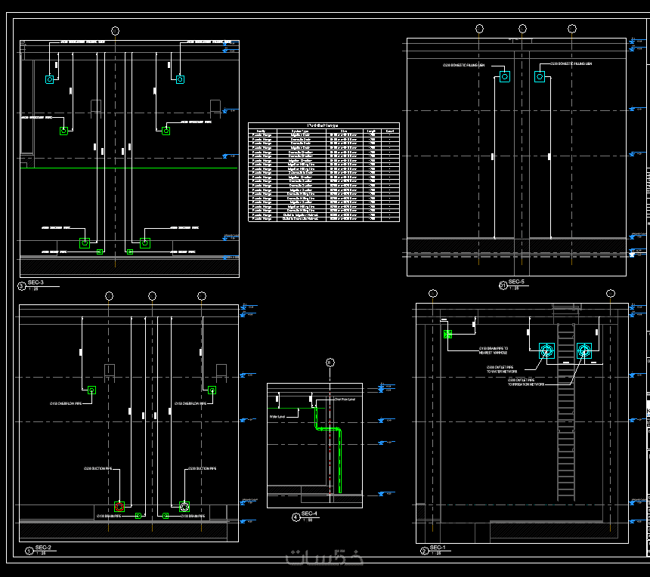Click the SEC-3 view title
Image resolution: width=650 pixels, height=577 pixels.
(36, 283)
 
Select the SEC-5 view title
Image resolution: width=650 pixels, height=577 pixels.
(516, 282)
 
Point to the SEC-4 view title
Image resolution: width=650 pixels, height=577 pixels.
(309, 514)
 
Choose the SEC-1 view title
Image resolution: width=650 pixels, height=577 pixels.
(438, 548)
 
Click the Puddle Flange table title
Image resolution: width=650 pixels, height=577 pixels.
(323, 125)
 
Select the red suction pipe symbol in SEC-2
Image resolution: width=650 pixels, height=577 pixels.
(119, 506)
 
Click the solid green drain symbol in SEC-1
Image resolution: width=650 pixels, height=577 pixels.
(447, 334)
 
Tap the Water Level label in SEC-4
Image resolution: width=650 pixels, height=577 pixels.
(277, 416)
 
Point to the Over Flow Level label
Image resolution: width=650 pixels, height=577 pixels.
(344, 398)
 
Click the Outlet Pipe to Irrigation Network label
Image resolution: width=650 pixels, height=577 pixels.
(526, 382)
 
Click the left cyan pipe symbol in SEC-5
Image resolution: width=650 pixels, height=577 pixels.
(504, 76)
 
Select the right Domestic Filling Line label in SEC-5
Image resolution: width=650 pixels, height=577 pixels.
(571, 64)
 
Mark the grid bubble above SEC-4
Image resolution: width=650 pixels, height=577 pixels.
(330, 363)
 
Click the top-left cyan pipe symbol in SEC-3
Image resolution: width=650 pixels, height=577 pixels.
(50, 79)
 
